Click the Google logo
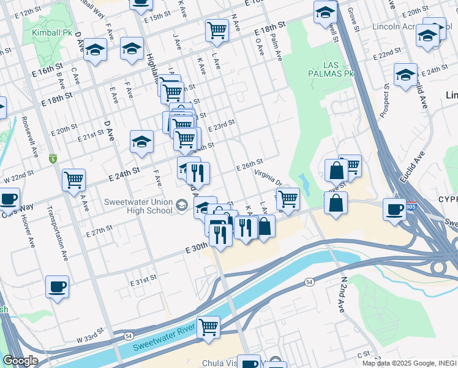point(20,361)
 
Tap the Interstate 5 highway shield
point(53,158)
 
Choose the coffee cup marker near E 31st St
point(58,286)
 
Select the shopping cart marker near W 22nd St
point(73,179)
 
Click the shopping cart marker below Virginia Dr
point(287,198)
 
